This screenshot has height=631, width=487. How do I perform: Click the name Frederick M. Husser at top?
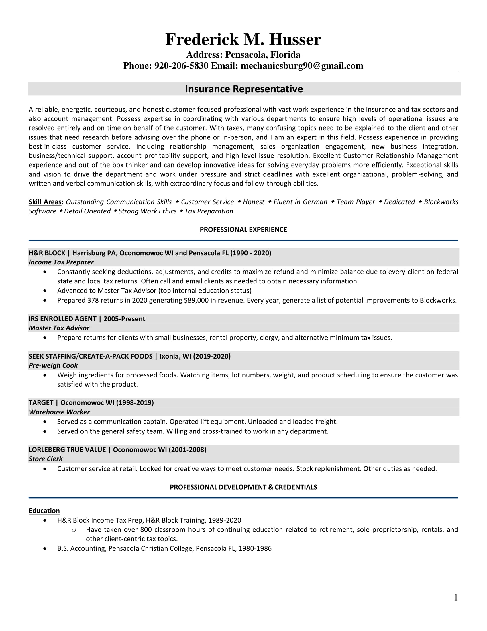[x=243, y=39]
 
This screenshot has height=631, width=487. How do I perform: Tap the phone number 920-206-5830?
[x=181, y=66]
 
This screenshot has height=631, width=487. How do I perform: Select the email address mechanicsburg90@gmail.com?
[x=302, y=66]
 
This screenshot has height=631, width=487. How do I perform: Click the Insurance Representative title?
[x=244, y=89]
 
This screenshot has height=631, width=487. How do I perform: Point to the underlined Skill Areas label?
[x=45, y=202]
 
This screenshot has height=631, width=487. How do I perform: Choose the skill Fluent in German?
[x=300, y=202]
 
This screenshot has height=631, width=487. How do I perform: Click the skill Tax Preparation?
[x=209, y=211]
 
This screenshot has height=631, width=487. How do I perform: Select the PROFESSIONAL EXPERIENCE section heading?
[x=243, y=230]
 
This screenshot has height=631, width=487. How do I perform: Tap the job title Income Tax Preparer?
[x=61, y=262]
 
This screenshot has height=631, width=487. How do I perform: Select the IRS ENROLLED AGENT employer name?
[x=62, y=319]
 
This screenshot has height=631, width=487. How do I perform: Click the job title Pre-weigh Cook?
[x=53, y=365]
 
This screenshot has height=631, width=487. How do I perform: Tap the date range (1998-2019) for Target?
[x=135, y=403]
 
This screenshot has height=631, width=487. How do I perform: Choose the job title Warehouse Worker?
[x=59, y=412]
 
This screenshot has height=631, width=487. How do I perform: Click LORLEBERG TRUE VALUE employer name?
[x=67, y=450]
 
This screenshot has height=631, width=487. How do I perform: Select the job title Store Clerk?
[x=46, y=459]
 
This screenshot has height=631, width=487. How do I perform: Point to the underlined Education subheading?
[x=44, y=511]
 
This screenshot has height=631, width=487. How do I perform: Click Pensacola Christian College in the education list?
[x=151, y=548]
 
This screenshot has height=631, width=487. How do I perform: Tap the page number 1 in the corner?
[x=456, y=597]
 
